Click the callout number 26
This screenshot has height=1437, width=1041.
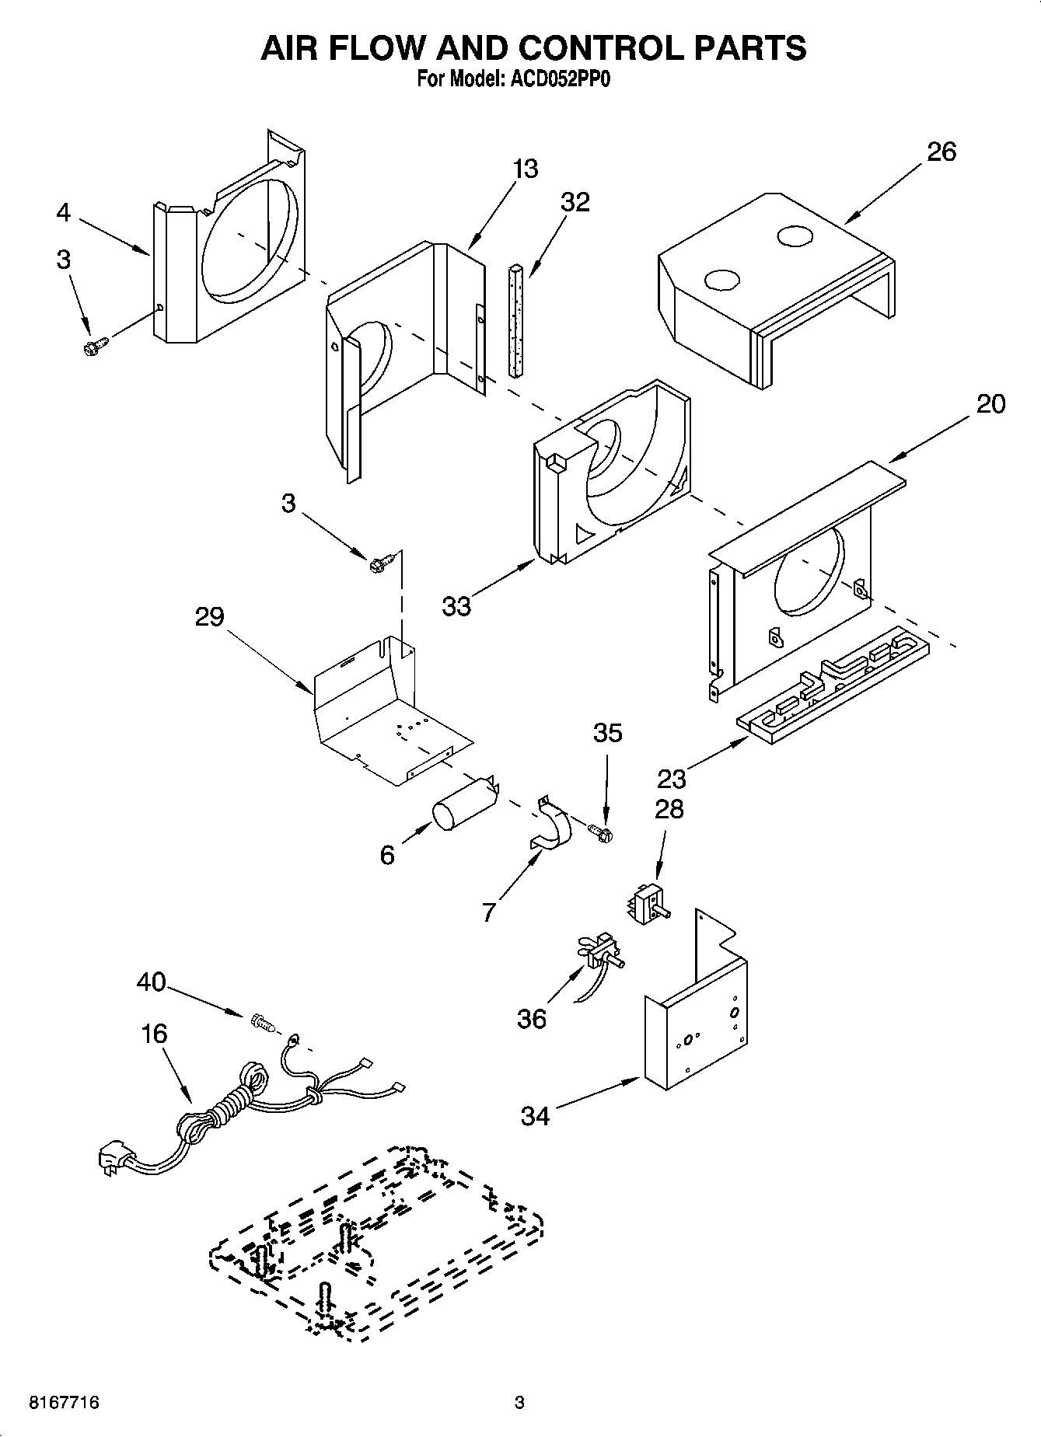(941, 152)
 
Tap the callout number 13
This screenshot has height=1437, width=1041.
(526, 169)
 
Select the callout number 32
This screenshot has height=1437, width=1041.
(575, 202)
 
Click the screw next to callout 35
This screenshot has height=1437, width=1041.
(601, 833)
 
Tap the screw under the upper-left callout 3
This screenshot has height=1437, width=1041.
(95, 344)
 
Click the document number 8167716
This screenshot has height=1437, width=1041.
(64, 1403)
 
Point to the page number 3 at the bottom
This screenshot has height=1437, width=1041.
(519, 1403)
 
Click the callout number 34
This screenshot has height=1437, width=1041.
(535, 1117)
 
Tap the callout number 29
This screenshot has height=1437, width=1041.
(209, 617)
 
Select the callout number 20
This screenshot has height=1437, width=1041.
(990, 404)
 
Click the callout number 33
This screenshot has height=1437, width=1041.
(456, 606)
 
